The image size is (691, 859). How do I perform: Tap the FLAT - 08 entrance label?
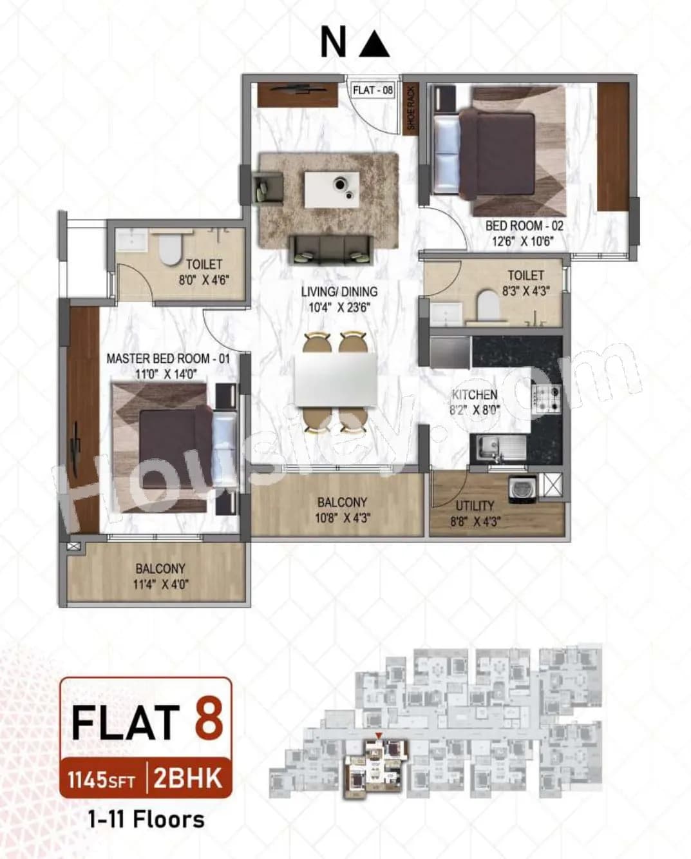[372, 90]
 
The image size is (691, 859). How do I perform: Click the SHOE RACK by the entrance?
[411, 108]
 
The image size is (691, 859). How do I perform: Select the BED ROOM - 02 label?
[524, 226]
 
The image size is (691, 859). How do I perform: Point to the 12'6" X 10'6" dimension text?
[519, 242]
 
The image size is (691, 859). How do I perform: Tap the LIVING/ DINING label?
[339, 291]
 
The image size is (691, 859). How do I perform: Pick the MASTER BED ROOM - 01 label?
[167, 358]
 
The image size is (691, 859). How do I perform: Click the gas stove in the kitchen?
[545, 397]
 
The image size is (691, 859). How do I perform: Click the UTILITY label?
[475, 506]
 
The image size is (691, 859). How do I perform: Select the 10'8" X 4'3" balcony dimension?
[342, 517]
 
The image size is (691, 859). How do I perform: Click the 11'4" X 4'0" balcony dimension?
[160, 584]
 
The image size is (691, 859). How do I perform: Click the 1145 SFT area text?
[102, 780]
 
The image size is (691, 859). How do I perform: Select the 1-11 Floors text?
[146, 819]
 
